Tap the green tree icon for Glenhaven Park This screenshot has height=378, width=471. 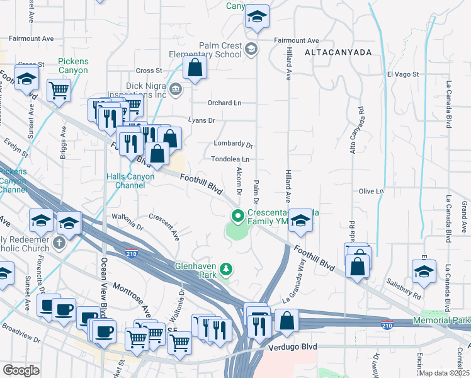[226, 270]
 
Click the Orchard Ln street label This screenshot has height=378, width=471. [225, 103]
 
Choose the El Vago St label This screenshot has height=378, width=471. [403, 74]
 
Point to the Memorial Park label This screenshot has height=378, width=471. [441, 321]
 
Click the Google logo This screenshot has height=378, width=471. [21, 370]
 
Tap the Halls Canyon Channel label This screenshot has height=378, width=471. [131, 181]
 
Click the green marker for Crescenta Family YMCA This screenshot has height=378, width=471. [237, 216]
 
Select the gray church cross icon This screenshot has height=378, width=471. [59, 243]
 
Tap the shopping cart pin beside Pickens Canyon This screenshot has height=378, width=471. [59, 89]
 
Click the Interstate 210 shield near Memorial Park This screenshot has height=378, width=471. [387, 324]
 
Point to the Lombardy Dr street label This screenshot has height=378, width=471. [233, 144]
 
